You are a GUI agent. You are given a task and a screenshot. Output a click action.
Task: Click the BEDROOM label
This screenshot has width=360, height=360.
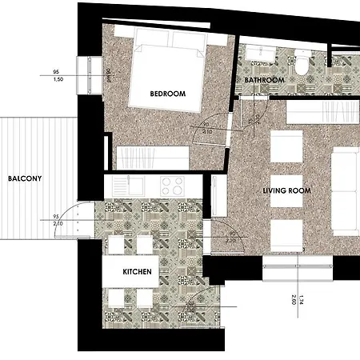168,94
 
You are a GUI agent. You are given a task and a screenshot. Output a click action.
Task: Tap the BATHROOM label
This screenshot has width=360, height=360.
265,81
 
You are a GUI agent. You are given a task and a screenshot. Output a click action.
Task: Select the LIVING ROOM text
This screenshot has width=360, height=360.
287,190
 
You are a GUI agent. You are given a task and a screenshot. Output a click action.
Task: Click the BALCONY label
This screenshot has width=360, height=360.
20,179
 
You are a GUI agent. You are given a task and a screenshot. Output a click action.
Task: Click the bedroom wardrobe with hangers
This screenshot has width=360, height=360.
152,157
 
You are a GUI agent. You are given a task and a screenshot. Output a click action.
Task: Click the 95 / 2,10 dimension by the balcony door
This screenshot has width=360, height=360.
57,221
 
